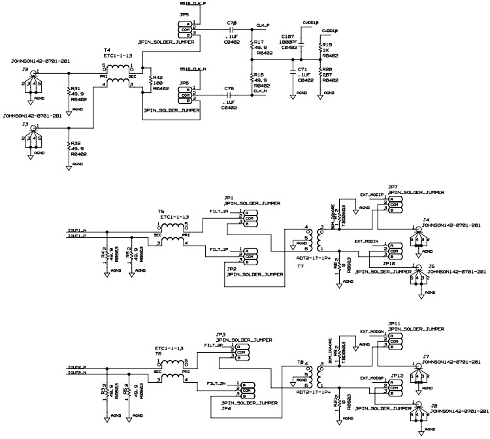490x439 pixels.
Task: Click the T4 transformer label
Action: tap(107, 50)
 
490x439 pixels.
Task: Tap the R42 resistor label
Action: tap(157, 77)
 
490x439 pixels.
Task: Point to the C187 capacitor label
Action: tap(287, 37)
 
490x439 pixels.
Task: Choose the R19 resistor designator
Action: tap(328, 45)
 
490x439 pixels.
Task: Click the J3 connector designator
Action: tap(25, 123)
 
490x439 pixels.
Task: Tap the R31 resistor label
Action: tap(75, 89)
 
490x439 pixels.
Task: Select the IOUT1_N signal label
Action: tap(77, 231)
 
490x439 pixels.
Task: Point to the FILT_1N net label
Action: tap(218, 212)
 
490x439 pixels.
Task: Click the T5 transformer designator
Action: tap(161, 211)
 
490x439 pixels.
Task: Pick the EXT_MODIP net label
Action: tap(371, 194)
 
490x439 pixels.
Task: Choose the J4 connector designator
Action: tap(426, 219)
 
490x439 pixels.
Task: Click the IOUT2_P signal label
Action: tap(77, 368)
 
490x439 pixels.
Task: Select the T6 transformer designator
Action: tap(158, 353)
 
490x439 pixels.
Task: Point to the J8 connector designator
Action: tap(434, 405)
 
